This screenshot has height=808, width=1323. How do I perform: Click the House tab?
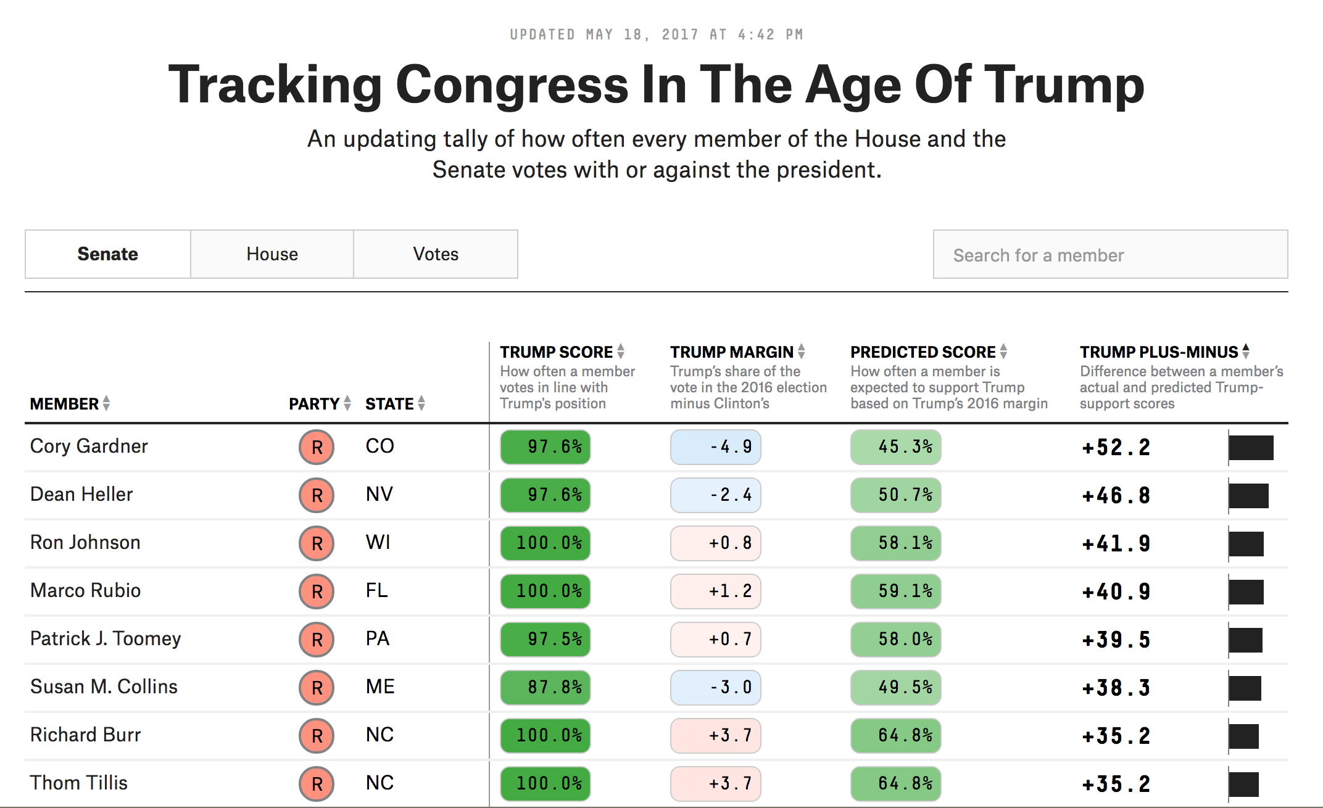coord(272,254)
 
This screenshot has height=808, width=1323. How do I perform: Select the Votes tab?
coord(436,254)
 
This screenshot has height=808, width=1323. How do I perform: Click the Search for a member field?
coord(1109,255)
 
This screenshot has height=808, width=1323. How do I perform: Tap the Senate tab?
coord(107,254)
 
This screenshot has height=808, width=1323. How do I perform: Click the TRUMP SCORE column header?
coord(556,352)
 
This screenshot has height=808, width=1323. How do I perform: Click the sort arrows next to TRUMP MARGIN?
coord(801,352)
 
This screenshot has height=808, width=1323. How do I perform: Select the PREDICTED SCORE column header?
coord(923,352)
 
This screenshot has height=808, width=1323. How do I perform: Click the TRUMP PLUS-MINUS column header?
coord(1158,352)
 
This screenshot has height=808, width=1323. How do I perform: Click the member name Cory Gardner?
coord(89,446)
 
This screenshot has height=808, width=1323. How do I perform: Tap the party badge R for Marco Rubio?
coord(317,591)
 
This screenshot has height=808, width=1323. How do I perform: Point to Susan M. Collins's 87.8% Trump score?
coord(545,687)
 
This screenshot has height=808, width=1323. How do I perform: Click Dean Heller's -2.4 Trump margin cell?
coord(716,495)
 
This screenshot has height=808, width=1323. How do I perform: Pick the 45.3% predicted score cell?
coord(895,447)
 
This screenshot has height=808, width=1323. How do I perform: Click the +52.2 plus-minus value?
coord(1116,448)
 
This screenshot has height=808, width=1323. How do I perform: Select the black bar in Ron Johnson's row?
coord(1246,544)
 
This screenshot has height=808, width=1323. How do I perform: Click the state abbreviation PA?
coord(377,638)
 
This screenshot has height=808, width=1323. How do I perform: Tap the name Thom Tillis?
coord(78,783)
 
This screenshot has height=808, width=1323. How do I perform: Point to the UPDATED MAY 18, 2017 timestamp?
coord(656,35)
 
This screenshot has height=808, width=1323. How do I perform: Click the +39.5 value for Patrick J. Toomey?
coord(1116,640)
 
